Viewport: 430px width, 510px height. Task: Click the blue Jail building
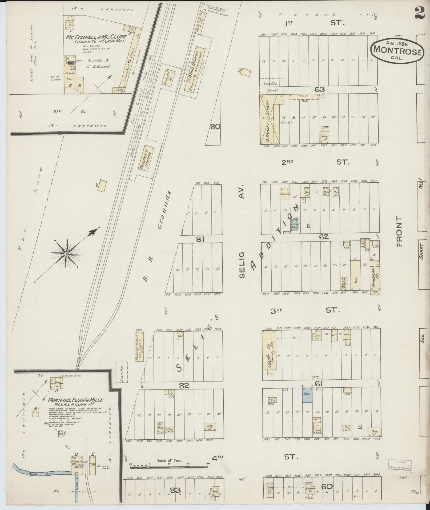[307, 395]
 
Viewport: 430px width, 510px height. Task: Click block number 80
[215, 127]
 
